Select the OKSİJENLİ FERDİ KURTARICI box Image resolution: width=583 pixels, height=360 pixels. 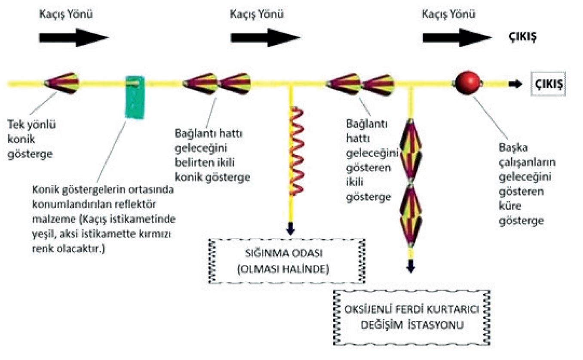[412, 317]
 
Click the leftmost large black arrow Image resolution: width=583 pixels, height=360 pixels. [73, 37]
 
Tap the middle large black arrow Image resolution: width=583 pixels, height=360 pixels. [264, 37]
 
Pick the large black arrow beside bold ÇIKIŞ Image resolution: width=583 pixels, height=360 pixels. [456, 37]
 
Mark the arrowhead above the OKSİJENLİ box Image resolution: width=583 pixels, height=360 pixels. [411, 266]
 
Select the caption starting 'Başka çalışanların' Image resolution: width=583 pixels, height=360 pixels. [527, 184]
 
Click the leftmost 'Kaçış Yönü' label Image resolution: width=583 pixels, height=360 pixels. [65, 14]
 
